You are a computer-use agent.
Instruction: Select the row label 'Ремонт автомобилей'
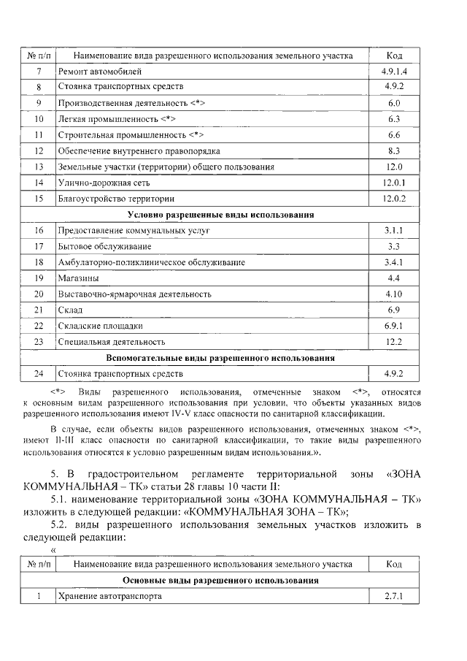tap(95, 72)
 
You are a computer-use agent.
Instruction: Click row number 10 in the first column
tap(39, 119)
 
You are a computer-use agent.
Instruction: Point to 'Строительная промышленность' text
tap(130, 135)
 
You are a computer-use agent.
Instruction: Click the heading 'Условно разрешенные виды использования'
tap(220, 215)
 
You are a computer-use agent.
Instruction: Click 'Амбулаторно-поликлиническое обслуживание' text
tap(151, 262)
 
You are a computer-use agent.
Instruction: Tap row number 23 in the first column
tap(39, 342)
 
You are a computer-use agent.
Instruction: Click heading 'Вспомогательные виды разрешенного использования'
tap(220, 359)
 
